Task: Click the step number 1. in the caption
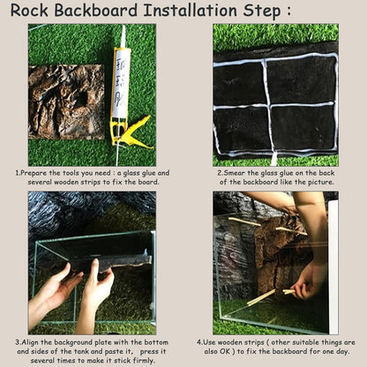point(19,174)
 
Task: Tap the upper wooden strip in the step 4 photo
point(256,224)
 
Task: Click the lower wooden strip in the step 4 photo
point(269,296)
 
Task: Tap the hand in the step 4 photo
point(310,282)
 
